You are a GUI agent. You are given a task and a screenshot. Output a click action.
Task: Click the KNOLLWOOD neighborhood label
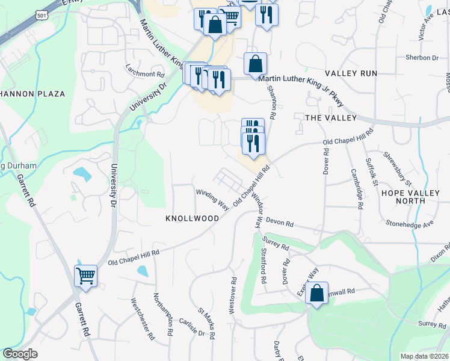tap(192, 219)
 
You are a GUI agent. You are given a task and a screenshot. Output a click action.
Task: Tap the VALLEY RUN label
tap(351, 73)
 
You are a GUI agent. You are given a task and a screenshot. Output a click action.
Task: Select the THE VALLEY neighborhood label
tap(331, 118)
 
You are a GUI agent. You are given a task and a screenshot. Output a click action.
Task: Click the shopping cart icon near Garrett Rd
tap(85, 276)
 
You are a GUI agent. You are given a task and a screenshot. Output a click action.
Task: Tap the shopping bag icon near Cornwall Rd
tap(316, 294)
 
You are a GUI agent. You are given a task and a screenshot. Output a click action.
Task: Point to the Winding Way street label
tap(212, 200)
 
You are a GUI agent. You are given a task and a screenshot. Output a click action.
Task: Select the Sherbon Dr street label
tap(422, 58)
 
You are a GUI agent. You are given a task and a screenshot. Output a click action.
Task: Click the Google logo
tap(20, 354)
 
